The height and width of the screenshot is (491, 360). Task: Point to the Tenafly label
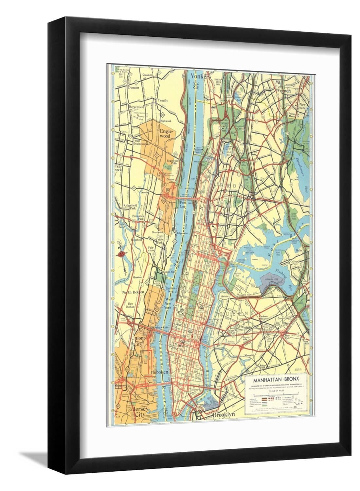[x=163, y=100]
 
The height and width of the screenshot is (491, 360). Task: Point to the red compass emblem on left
[x=121, y=254]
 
